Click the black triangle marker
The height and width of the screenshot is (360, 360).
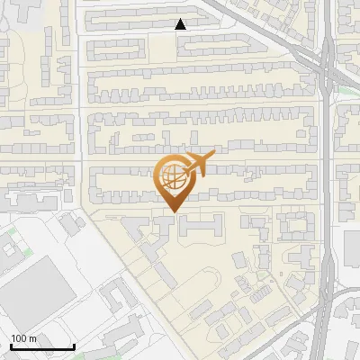pos(181,24)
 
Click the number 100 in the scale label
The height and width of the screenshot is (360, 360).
pos(19,338)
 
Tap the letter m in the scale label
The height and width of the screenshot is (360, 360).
pos(32,338)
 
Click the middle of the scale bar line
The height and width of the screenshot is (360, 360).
pos(42,347)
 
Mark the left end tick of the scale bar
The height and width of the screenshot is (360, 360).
pos(11,346)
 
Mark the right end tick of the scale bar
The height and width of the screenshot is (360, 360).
pos(74,346)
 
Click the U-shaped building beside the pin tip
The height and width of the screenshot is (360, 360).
pos(198,226)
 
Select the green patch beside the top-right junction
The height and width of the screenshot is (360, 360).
pos(346,83)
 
